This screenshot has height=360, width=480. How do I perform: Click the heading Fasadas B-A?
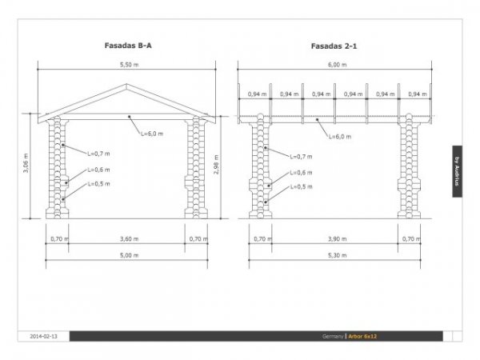tap(128, 46)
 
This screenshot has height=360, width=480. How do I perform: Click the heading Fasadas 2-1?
tap(334, 46)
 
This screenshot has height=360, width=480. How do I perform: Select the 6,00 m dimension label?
tap(337, 64)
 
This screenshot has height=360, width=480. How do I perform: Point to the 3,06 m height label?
tap(26, 166)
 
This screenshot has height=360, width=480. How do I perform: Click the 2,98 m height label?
tap(216, 166)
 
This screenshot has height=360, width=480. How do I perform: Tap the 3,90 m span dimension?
tap(337, 238)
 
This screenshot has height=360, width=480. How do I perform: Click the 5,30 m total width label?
tap(337, 255)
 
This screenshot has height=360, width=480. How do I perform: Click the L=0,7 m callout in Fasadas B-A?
tap(98, 153)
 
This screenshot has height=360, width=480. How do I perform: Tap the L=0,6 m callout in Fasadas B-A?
tap(98, 170)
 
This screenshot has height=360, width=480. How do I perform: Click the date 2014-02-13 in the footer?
tap(43, 336)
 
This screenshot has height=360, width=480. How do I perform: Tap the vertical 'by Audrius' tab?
tap(458, 170)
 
